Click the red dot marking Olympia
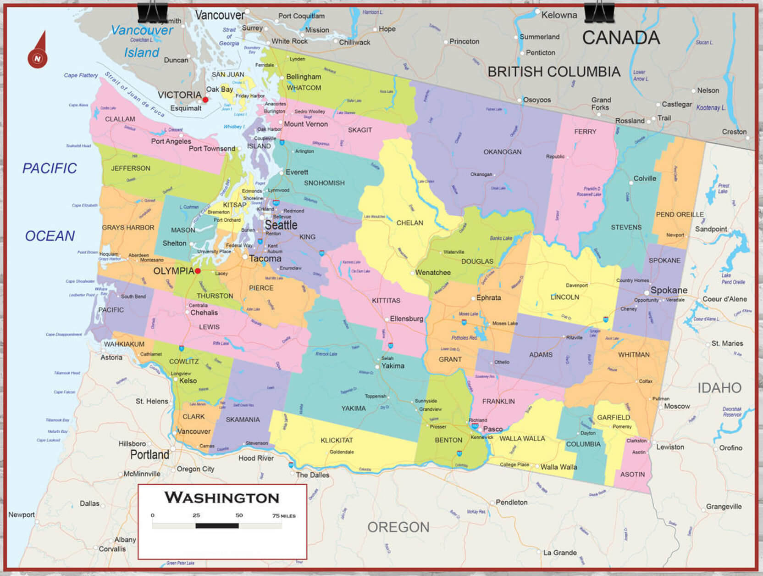click(x=198, y=271)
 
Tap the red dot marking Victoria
click(x=205, y=100)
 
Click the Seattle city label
click(x=281, y=225)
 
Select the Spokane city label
click(x=669, y=290)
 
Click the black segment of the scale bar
click(x=217, y=526)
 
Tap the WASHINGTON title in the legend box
click(x=222, y=498)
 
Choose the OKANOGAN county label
click(x=502, y=152)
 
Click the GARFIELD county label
click(x=613, y=417)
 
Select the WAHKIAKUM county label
click(x=124, y=344)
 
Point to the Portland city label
click(x=149, y=455)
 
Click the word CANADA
click(x=621, y=38)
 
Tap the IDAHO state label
click(x=719, y=388)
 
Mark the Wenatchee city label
click(x=433, y=273)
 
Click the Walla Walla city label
click(x=558, y=467)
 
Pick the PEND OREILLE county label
click(x=679, y=214)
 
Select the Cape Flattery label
click(x=81, y=75)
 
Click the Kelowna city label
click(x=559, y=15)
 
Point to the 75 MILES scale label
click(x=284, y=515)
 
